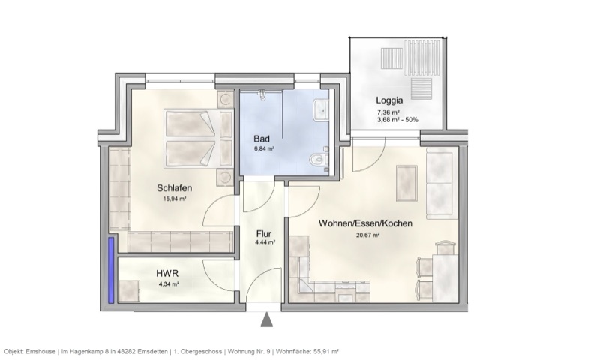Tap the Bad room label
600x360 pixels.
[262, 139]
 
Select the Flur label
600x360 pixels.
[264, 232]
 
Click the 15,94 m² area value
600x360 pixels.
[174, 199]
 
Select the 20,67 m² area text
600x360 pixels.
[367, 235]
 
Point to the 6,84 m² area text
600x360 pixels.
[264, 150]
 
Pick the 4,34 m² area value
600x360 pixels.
[168, 285]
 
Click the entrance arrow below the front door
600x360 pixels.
[267, 320]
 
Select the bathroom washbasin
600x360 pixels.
[322, 110]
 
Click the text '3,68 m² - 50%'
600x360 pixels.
[397, 119]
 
